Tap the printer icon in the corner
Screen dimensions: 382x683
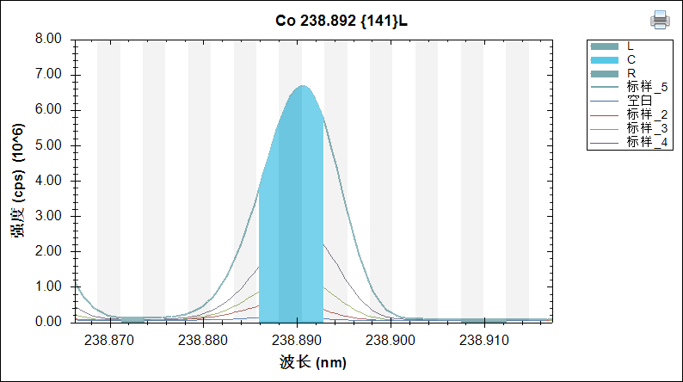tap(660, 19)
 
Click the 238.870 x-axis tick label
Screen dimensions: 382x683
tap(110, 341)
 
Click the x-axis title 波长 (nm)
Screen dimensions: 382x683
tap(313, 362)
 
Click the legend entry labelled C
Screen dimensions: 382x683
tap(631, 59)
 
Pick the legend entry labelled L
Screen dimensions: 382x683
tap(631, 46)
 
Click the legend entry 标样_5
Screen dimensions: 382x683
tap(648, 87)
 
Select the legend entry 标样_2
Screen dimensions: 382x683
tap(648, 114)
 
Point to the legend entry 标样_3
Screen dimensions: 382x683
tap(648, 128)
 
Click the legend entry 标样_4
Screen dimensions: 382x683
tap(648, 142)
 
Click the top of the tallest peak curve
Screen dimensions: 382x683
tap(302, 86)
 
